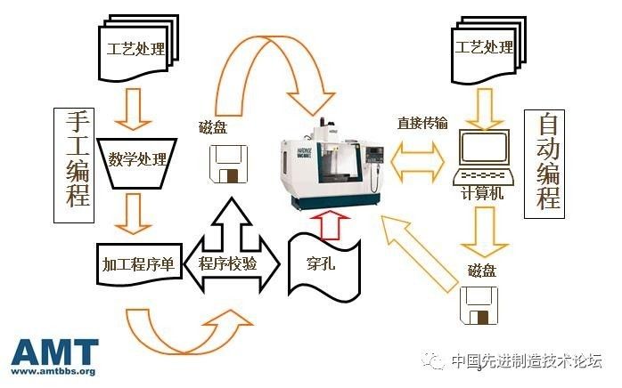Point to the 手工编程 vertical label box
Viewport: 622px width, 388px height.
tap(73, 158)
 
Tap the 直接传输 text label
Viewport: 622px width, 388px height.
tap(422, 123)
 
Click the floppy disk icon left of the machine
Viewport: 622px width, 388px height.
tap(228, 165)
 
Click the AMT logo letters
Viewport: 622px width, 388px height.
tap(54, 352)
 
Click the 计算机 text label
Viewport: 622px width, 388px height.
tap(483, 192)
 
